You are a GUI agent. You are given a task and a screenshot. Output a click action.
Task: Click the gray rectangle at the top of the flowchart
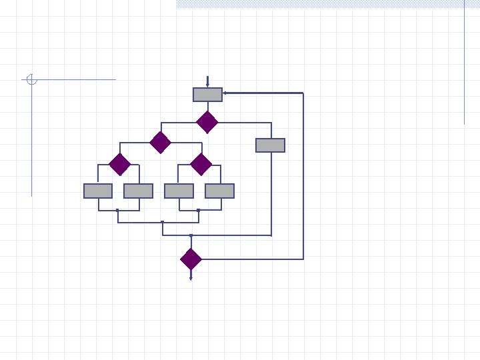coord(207,95)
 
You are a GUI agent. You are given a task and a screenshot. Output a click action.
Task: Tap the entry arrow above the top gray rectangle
coord(207,81)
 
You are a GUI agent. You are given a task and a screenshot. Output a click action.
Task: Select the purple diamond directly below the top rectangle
coord(207,122)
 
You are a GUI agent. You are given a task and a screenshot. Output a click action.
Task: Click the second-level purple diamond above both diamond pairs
coord(160,142)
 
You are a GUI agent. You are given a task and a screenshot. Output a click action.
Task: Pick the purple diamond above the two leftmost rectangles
coord(119,163)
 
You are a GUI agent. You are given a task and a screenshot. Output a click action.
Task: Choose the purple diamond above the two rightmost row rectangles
coord(201,163)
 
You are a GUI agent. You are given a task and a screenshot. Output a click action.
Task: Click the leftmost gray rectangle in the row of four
coord(98,191)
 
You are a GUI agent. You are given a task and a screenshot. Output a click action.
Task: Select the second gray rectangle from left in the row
coord(138,191)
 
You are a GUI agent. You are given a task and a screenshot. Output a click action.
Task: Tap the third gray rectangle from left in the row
coord(179,191)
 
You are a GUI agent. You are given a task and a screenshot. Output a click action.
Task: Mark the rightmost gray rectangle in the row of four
coord(219,191)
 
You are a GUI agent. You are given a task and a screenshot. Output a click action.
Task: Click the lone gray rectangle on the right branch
coord(270,145)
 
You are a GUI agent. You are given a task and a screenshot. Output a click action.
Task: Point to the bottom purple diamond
coord(191,259)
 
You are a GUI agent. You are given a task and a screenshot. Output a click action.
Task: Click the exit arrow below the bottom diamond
coord(191,276)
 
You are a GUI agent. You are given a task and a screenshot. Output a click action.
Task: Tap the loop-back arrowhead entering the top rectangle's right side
coord(225,93)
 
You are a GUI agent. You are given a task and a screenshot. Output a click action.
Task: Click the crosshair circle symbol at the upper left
coord(31,80)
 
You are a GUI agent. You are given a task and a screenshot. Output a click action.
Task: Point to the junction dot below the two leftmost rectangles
coord(117,211)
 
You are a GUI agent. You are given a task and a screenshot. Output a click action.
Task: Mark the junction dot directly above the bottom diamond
coord(191,235)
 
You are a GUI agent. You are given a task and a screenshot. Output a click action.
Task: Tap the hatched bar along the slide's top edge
coord(327,4)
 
